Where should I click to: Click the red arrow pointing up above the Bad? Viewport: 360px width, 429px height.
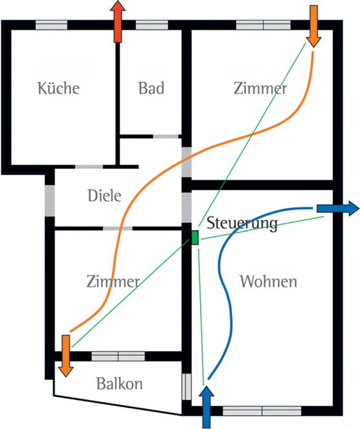tap(118, 21)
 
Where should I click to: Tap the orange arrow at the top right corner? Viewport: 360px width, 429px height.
tap(313, 26)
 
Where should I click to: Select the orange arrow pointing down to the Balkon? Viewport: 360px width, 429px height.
tap(66, 356)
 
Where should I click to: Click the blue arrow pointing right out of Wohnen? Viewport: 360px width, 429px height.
tap(338, 208)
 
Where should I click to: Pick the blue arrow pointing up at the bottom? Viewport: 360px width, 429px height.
tap(206, 407)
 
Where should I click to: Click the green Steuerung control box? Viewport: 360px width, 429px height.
tap(194, 238)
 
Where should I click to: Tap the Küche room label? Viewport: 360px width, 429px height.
tap(58, 88)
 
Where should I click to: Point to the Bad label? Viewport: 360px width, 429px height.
tap(151, 88)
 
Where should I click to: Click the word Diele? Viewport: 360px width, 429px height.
tap(104, 196)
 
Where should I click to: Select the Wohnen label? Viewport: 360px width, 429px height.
tap(268, 281)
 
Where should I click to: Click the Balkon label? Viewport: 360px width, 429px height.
tap(120, 383)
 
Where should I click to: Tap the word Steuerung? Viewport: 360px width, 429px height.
tap(242, 223)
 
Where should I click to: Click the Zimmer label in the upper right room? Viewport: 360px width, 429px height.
tap(260, 88)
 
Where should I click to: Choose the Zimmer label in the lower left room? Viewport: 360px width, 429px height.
tap(113, 281)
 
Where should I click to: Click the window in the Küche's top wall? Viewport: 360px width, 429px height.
tap(52, 25)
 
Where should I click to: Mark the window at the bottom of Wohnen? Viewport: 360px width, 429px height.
tap(262, 411)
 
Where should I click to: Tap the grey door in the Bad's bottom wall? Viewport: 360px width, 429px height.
tap(166, 136)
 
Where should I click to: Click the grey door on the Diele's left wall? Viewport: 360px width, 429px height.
tap(50, 201)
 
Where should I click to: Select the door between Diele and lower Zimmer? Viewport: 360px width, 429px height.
tap(118, 228)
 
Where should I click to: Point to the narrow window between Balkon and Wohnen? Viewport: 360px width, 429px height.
tap(186, 387)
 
